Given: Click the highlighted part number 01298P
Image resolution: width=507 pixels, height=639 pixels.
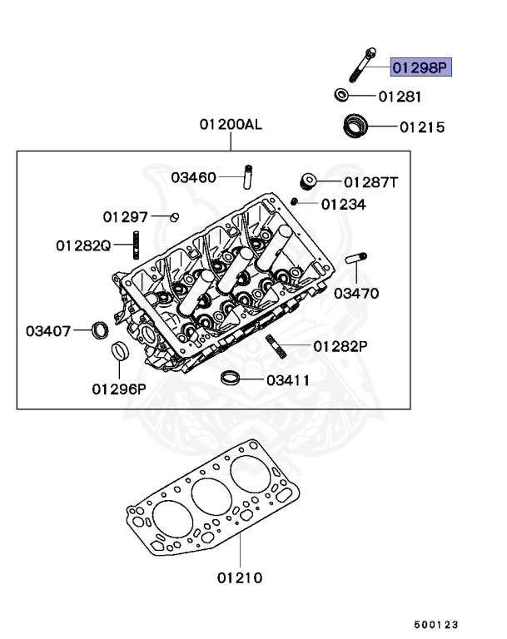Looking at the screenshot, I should click(420, 67).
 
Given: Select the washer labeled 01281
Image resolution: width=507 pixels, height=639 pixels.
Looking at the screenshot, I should click(341, 95).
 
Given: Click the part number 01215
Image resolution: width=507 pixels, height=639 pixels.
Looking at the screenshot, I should click(422, 128).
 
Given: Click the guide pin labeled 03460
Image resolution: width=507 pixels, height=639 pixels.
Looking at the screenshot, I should click(247, 176).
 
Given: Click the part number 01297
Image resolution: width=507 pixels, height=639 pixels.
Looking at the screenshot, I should click(125, 217).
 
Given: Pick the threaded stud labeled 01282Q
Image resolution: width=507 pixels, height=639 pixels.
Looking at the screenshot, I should click(135, 246).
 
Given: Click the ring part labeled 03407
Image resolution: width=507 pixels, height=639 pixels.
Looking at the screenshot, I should click(99, 330).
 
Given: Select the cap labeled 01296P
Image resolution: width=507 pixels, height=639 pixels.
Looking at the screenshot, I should click(121, 353).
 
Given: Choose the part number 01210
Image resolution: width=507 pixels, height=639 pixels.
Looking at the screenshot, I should click(240, 577).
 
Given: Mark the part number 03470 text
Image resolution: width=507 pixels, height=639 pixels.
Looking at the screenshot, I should click(357, 293).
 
